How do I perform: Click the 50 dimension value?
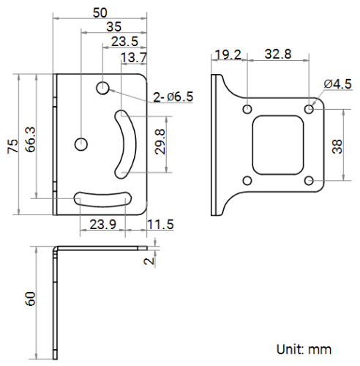(x=100, y=12)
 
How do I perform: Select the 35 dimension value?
(x=113, y=26)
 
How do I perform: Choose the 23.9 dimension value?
(x=102, y=225)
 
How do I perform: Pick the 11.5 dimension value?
(x=160, y=225)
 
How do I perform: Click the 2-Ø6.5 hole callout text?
(x=173, y=96)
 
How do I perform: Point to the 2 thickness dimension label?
(x=149, y=261)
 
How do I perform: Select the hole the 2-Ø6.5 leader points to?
(x=103, y=88)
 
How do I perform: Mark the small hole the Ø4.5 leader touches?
(x=311, y=109)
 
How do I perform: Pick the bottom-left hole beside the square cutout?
(x=248, y=180)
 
